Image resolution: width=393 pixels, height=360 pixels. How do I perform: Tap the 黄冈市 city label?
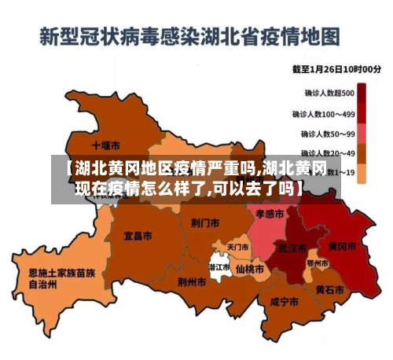click(x=341, y=246)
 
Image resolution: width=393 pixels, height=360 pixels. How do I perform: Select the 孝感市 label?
click(x=270, y=214)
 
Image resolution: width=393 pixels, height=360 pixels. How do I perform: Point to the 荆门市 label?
click(x=204, y=223)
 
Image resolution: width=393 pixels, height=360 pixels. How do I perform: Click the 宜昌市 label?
click(x=138, y=235)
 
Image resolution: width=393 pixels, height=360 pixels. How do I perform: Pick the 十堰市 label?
click(x=105, y=145)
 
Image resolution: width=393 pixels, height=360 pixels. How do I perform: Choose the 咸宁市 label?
click(x=283, y=302)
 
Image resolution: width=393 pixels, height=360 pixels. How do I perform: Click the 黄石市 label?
click(x=329, y=289)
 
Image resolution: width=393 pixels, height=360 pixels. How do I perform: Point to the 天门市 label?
click(x=238, y=247)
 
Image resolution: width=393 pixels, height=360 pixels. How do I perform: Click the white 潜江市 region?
click(x=219, y=268)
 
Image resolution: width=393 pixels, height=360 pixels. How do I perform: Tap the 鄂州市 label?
click(x=318, y=263)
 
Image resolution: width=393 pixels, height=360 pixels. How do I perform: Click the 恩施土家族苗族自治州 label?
click(x=61, y=279)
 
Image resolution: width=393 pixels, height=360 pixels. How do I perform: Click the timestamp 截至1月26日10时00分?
click(x=336, y=69)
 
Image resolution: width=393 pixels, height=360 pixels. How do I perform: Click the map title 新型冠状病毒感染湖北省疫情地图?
click(x=190, y=36)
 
